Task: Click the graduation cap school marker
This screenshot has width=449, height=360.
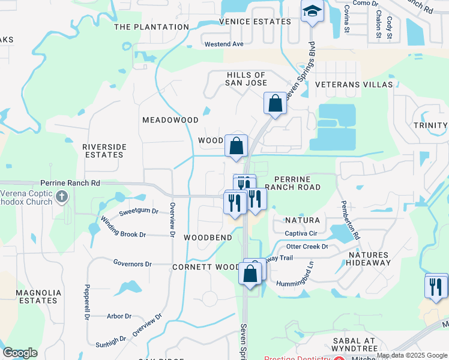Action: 312,11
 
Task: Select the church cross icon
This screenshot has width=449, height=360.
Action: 61,196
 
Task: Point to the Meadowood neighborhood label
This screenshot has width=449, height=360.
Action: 170,120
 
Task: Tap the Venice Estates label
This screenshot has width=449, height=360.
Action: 255,22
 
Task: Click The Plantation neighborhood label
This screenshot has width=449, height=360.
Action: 151,27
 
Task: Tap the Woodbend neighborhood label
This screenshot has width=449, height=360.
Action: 208,238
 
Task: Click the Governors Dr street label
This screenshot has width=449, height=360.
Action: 133,263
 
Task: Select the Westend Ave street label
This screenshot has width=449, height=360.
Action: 224,44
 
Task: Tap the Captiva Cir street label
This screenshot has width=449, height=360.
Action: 301,233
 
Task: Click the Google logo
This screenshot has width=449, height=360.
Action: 20,353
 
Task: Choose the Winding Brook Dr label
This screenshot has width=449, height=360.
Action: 124,227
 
